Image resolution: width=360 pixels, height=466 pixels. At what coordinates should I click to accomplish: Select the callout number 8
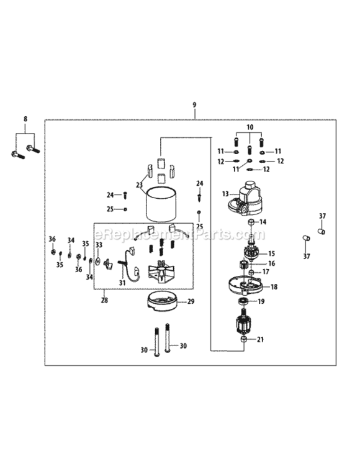pos(25,118)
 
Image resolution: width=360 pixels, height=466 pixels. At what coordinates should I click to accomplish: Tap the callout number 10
pos(250,127)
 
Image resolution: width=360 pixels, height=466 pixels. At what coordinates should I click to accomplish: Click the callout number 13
pos(225,194)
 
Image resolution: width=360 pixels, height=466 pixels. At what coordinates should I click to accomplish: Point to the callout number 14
pos(263,222)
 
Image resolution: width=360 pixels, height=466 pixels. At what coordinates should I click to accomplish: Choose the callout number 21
pos(261,339)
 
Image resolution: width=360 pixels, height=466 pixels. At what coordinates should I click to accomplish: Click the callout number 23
pos(140,185)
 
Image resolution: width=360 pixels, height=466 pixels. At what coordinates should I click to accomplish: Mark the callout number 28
pos(104,299)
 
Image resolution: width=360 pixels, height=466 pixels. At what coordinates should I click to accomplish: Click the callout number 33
pos(98,245)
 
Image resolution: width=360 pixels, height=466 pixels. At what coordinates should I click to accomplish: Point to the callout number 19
pos(261,301)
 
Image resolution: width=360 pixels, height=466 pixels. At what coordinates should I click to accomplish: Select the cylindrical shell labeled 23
pos(161,205)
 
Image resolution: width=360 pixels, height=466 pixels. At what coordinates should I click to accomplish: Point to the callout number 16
pos(271,263)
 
